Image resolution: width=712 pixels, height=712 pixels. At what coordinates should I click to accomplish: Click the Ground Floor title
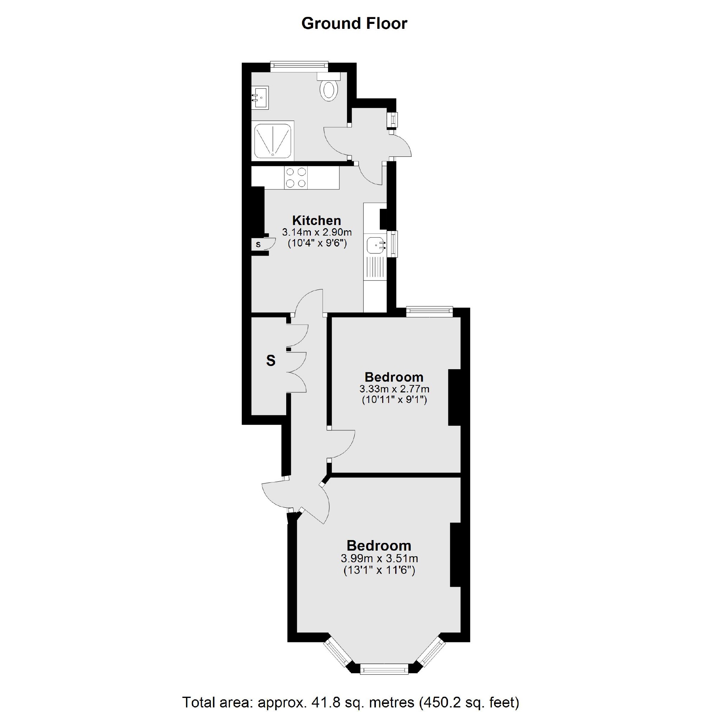(354, 24)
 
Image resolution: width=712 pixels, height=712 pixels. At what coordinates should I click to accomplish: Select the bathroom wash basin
(260, 97)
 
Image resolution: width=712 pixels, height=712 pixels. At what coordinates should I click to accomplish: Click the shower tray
(273, 141)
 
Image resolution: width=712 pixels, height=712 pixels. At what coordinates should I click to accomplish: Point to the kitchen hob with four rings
(296, 178)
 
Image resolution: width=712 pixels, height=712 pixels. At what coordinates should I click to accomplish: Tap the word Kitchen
(316, 220)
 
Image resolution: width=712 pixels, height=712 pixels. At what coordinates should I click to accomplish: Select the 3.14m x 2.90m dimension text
(317, 232)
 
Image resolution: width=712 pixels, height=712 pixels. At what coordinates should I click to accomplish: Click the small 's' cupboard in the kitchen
(258, 244)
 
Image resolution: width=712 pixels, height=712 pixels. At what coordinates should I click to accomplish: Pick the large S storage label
(270, 361)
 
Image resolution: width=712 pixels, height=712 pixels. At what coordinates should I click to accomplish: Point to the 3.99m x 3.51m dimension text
(379, 558)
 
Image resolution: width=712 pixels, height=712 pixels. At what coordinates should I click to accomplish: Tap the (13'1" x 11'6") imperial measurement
(379, 571)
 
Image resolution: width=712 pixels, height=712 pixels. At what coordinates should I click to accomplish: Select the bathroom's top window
(299, 66)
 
